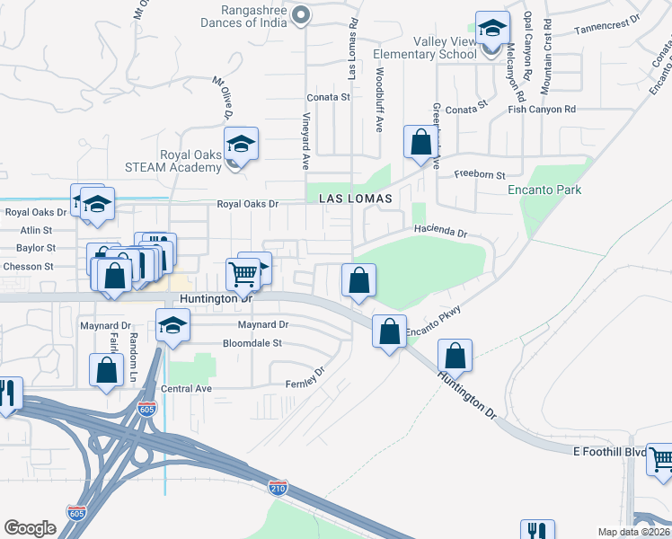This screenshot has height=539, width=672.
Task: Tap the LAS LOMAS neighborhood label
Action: pyautogui.click(x=352, y=198)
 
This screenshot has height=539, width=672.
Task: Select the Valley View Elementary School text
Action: pyautogui.click(x=445, y=48)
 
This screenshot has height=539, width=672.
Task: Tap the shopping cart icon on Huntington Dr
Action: pyautogui.click(x=242, y=272)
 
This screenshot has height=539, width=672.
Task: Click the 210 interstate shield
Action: pyautogui.click(x=279, y=488)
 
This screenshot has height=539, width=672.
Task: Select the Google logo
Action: pyautogui.click(x=30, y=528)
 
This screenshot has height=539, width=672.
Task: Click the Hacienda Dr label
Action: pyautogui.click(x=441, y=232)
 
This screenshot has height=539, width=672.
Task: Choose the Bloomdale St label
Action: pyautogui.click(x=252, y=343)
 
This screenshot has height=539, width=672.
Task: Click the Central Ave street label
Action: pyautogui.click(x=186, y=389)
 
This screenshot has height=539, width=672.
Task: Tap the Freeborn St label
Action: pyautogui.click(x=480, y=174)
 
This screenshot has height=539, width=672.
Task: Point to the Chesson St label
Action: pyautogui.click(x=29, y=267)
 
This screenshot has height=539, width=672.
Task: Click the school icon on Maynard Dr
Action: pyautogui.click(x=172, y=325)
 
